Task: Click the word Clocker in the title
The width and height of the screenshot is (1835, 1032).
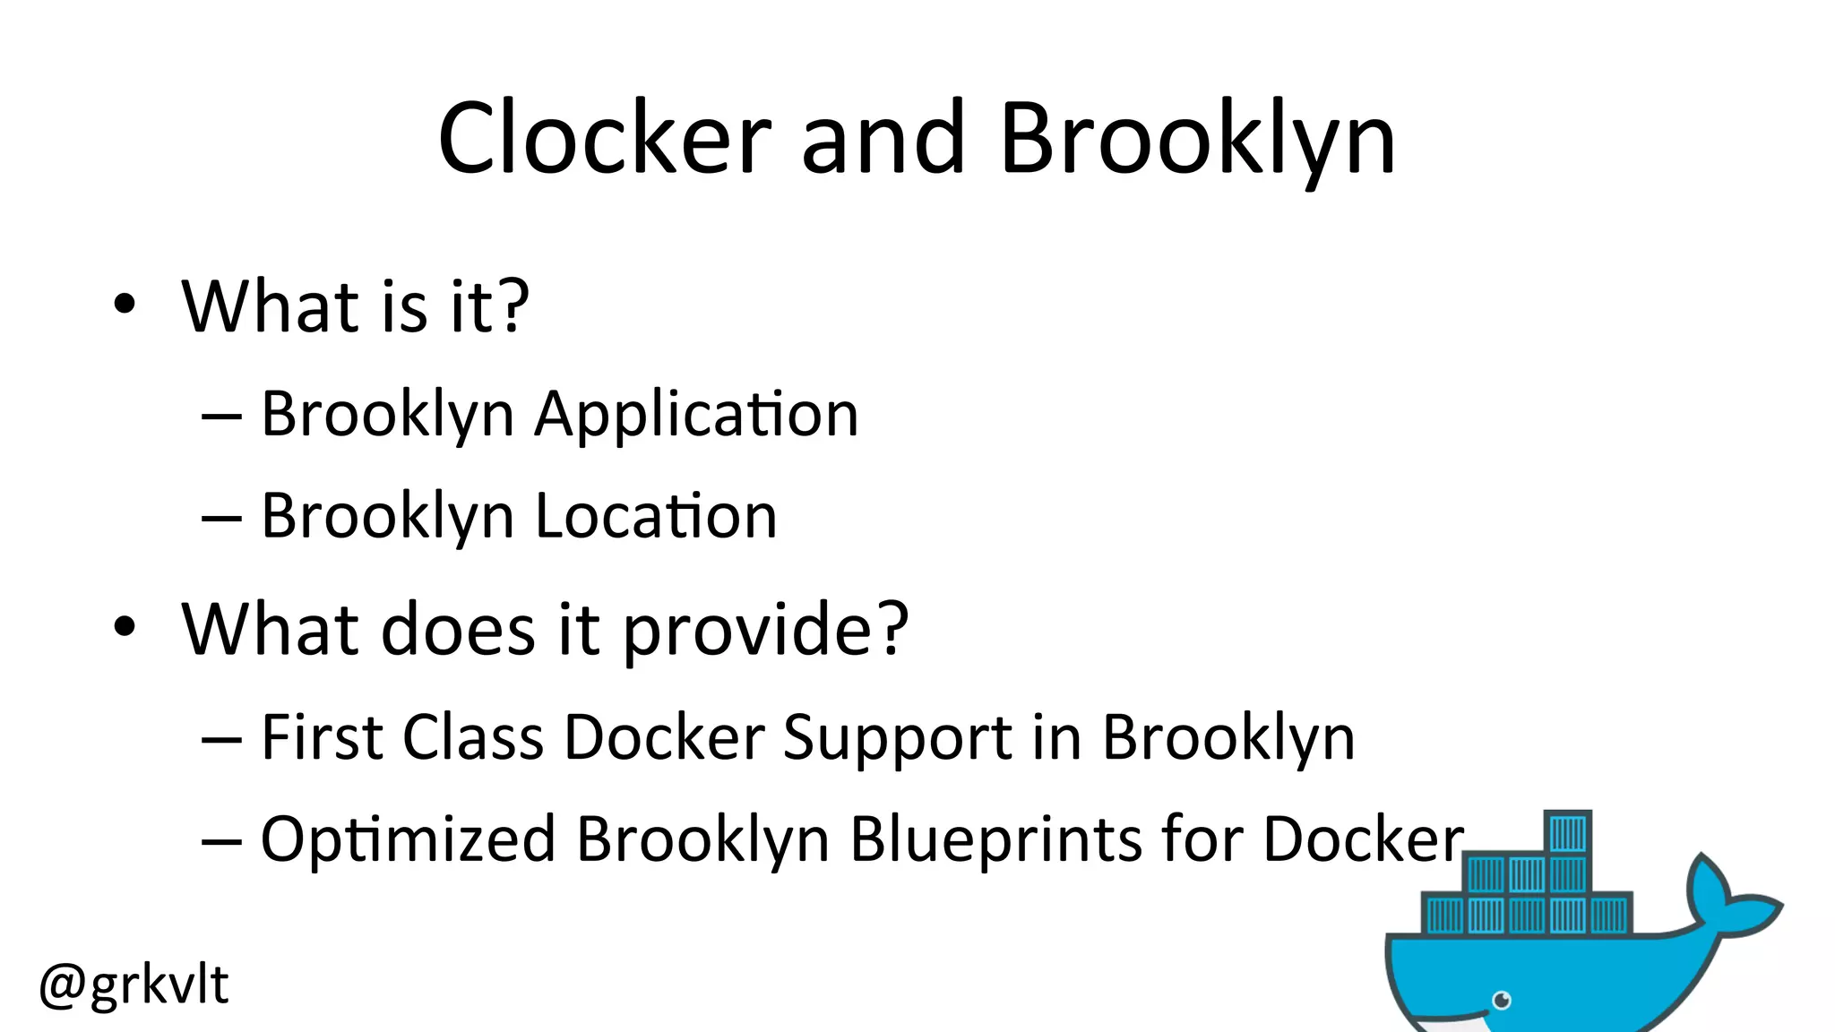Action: click(x=605, y=139)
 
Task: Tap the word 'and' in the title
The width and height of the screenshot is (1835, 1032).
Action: click(x=883, y=139)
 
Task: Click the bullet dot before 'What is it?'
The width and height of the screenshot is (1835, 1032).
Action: click(x=125, y=305)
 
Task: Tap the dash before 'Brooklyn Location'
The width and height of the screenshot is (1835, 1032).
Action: click(x=221, y=518)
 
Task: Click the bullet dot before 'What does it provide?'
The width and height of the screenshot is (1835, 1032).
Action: click(x=125, y=627)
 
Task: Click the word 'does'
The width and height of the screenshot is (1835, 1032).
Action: click(x=458, y=629)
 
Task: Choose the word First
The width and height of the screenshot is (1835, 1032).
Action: click(x=323, y=737)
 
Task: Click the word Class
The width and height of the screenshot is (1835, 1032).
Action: click(x=473, y=737)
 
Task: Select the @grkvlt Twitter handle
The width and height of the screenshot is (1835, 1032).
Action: click(x=134, y=985)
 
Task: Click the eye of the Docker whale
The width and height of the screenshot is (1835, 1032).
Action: click(x=1503, y=1000)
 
